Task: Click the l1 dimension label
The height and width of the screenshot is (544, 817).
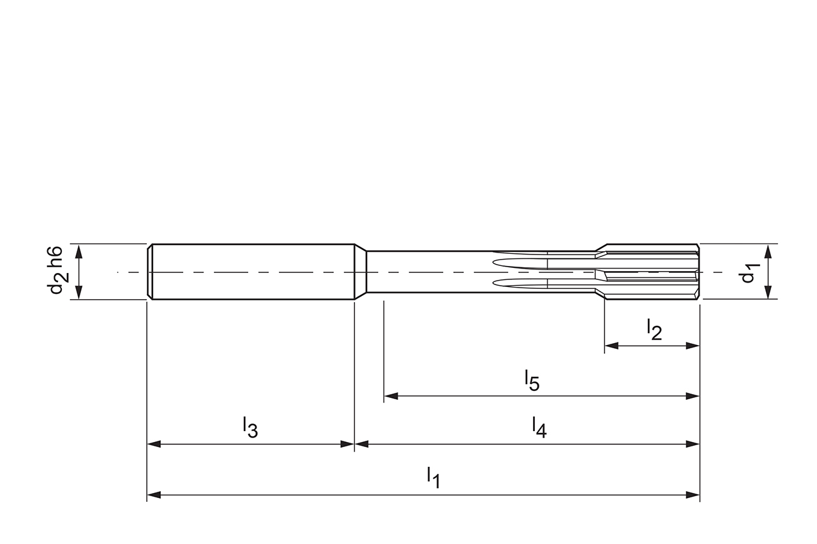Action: click(433, 476)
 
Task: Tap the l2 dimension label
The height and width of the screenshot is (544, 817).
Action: click(654, 329)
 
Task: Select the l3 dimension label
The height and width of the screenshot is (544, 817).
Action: click(250, 427)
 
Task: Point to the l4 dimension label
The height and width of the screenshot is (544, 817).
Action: click(539, 427)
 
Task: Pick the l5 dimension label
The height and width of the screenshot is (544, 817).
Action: click(532, 380)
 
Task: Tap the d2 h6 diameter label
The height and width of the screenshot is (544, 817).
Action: click(56, 271)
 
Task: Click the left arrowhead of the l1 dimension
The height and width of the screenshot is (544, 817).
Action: click(154, 495)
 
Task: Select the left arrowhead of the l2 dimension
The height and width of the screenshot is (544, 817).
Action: click(611, 346)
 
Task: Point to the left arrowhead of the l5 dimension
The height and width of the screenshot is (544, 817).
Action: click(391, 396)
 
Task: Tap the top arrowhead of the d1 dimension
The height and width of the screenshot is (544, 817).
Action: click(767, 250)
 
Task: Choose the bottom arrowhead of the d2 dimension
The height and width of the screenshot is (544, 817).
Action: click(79, 292)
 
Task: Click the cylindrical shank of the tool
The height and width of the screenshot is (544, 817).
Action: click(252, 272)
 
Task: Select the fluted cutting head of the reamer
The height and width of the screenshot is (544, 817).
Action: click(651, 272)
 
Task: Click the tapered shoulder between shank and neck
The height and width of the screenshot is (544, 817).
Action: click(361, 272)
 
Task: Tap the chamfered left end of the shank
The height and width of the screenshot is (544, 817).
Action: click(150, 272)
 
